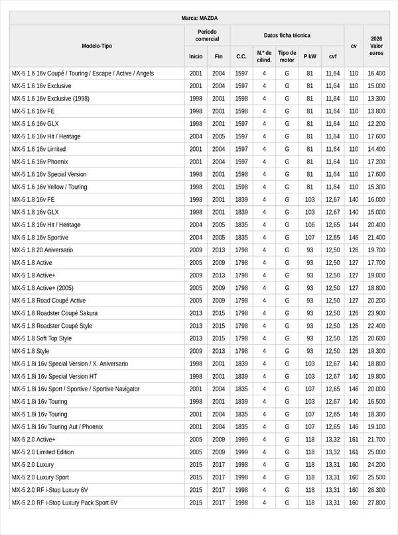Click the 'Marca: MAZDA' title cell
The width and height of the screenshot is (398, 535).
click(x=199, y=18)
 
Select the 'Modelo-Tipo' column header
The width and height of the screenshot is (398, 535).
click(x=97, y=46)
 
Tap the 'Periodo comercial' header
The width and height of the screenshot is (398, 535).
click(x=207, y=36)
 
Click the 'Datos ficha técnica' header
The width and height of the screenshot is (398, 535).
click(x=287, y=36)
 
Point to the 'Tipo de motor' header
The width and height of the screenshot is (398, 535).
click(x=287, y=56)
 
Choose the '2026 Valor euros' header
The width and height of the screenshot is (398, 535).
click(x=376, y=46)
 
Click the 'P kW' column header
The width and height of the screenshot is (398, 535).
click(x=310, y=57)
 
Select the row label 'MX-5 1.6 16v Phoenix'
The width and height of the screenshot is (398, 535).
click(x=40, y=162)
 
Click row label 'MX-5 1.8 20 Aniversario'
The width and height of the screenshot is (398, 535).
click(x=42, y=250)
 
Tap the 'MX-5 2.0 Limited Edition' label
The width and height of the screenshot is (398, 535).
click(x=42, y=452)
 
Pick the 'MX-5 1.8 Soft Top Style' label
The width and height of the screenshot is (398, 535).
click(x=42, y=338)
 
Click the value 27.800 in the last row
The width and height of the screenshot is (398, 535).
click(x=376, y=503)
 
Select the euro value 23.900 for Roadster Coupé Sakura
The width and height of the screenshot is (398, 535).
click(x=376, y=313)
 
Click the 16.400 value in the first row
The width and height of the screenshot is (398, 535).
click(x=376, y=73)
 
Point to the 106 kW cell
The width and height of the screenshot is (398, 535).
click(x=310, y=225)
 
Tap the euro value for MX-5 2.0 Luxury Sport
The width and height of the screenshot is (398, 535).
click(x=376, y=477)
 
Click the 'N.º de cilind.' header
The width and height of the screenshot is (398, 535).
click(x=264, y=56)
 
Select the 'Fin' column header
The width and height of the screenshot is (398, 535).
click(x=219, y=57)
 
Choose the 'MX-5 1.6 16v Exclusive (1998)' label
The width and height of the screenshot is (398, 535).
click(x=50, y=99)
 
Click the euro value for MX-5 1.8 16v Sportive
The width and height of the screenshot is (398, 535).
click(x=376, y=238)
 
